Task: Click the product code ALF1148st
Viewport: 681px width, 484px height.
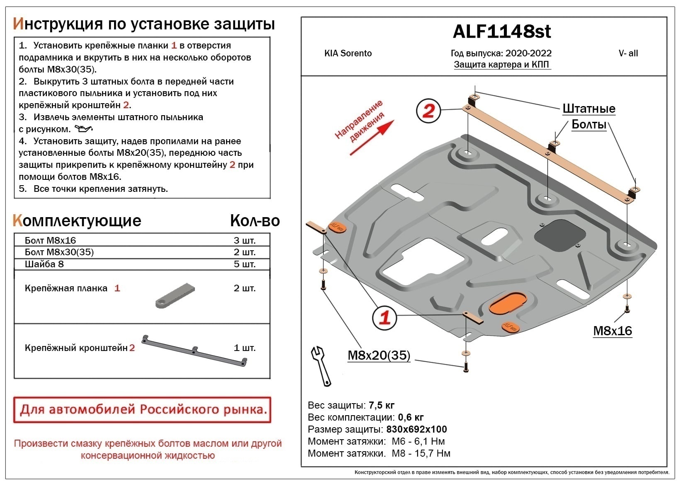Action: point(502,31)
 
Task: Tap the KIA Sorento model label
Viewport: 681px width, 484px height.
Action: point(348,53)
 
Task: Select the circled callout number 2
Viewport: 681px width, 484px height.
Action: point(428,111)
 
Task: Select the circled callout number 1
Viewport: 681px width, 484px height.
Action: point(384,317)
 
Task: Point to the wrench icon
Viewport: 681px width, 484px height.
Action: point(321,366)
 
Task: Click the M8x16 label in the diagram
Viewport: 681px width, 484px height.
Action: point(612,331)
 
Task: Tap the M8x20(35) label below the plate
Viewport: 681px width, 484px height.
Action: point(379,355)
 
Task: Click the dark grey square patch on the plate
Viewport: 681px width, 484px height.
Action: point(559,235)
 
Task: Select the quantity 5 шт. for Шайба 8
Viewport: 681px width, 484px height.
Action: point(244,264)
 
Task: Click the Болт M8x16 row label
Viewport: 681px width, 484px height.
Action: point(50,240)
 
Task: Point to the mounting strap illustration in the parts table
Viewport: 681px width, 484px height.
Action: point(175,296)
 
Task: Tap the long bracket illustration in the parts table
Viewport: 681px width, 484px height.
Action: point(195,350)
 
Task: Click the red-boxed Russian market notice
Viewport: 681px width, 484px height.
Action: point(142,409)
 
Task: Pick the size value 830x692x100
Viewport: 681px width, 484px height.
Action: point(416,429)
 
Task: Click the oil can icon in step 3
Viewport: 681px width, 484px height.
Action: point(83,129)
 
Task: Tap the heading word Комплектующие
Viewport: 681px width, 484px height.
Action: point(77,221)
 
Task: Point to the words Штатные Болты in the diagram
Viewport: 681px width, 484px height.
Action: point(589,116)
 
